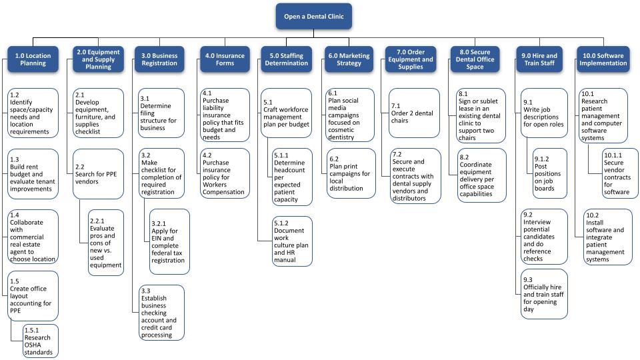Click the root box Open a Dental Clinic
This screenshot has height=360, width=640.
313,16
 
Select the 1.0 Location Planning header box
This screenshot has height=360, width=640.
33,59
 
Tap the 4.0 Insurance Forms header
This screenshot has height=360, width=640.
225,59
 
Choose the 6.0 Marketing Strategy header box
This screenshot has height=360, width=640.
349,59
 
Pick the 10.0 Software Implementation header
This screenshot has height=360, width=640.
603,59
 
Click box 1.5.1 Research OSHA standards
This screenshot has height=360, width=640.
41,341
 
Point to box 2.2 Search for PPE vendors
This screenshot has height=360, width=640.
99,174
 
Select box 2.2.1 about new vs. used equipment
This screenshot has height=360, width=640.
106,243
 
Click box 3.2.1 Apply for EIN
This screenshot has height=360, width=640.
169,241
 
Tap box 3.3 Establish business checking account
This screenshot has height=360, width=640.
161,313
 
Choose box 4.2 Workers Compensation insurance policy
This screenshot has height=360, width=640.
225,173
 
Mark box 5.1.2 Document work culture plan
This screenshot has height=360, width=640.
292,241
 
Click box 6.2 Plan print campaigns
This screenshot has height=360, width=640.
351,173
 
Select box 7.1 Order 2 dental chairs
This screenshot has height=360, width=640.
414,113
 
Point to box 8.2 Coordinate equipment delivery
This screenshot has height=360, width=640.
481,175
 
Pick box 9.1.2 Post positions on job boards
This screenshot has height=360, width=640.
550,173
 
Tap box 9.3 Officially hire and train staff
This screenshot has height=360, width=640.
544,294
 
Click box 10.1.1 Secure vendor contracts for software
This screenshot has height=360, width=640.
620,173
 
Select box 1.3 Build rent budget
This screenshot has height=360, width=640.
33,174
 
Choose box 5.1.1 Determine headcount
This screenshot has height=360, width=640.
292,177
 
